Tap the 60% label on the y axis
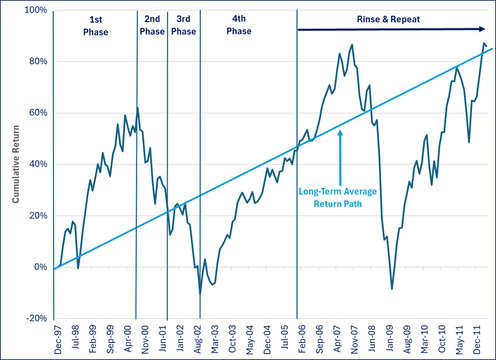point(38,113)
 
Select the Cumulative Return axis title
point(16,164)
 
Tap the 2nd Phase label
point(152,26)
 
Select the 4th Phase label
point(239,26)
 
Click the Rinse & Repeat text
point(389,20)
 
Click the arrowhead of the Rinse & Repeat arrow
point(482,29)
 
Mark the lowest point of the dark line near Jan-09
point(392,289)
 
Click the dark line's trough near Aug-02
point(200,294)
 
